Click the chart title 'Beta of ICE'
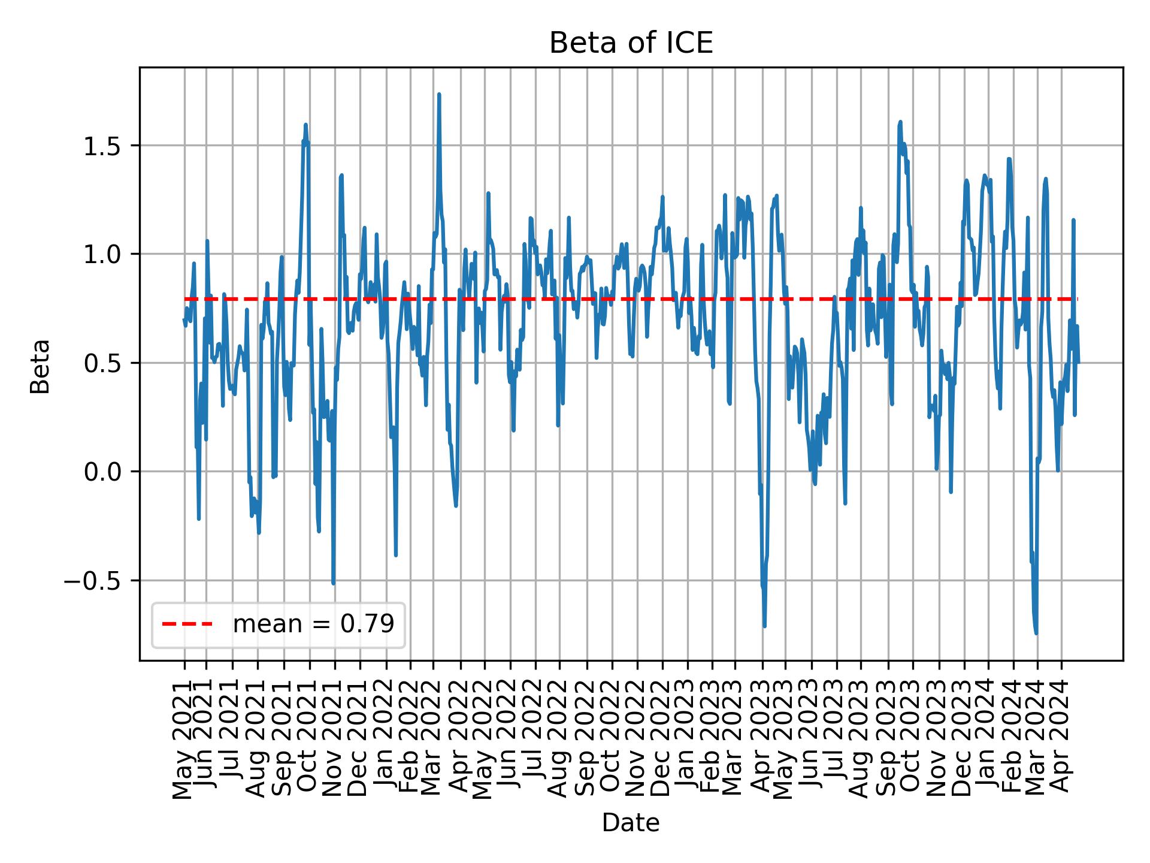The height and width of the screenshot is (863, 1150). tap(631, 43)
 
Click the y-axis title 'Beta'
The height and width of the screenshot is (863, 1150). tap(40, 366)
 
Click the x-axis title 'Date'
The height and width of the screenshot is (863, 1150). tap(631, 823)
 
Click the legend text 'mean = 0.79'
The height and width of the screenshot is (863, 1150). tap(313, 624)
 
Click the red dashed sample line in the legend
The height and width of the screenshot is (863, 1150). tap(187, 624)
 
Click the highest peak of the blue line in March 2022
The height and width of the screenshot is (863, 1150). tap(439, 95)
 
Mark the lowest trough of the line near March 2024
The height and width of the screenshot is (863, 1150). tap(1036, 633)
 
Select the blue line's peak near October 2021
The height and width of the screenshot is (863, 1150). tap(305, 125)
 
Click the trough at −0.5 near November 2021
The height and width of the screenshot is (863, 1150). tap(333, 583)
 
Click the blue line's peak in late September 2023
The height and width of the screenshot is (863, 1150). tap(900, 122)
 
